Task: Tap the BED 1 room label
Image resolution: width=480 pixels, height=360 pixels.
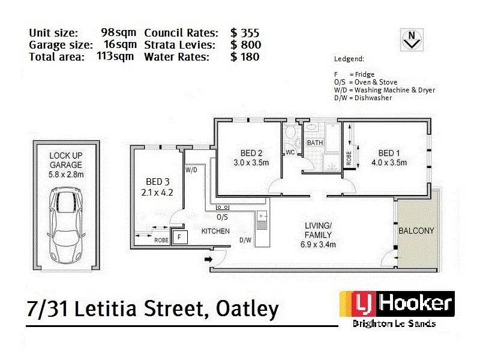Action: [389, 152]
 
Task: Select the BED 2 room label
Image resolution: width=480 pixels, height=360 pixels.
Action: [251, 152]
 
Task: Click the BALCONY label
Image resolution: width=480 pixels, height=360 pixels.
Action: [416, 230]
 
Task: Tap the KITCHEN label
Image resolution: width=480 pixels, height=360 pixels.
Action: [215, 231]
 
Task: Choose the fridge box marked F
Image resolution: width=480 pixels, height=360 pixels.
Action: [179, 238]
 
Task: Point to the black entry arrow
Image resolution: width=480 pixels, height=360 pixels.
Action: [209, 259]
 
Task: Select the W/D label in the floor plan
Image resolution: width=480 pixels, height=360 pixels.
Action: [191, 170]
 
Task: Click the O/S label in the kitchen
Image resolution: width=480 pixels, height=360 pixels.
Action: [222, 217]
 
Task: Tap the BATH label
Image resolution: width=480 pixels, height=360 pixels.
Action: [315, 143]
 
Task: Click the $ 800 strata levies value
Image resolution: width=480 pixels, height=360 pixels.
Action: [245, 44]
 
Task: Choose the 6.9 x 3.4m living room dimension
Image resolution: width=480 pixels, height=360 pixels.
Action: [319, 244]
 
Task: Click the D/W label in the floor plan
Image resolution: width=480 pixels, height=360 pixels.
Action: [245, 241]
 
